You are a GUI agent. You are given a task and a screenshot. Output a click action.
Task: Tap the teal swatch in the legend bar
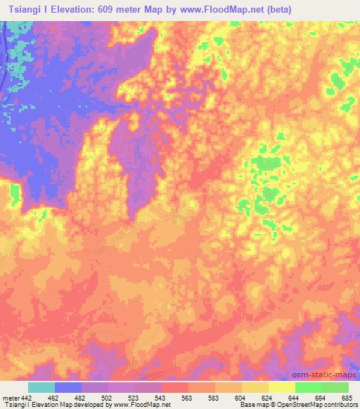[x=41, y=387]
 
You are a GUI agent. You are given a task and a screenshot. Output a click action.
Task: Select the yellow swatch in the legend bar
[x=281, y=387]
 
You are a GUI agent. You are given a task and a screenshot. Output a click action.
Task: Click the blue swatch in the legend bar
[x=68, y=387]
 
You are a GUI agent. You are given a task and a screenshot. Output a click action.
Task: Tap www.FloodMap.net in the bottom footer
[x=148, y=404]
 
